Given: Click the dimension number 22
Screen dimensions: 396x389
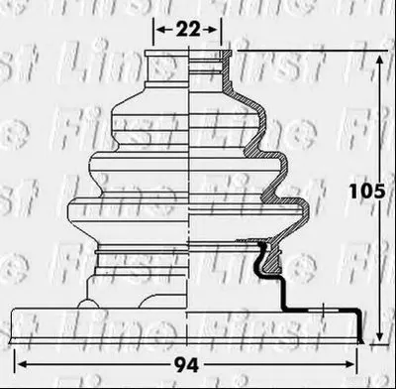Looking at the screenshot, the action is click(x=188, y=30).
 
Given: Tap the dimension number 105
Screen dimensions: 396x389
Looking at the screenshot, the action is click(x=367, y=192).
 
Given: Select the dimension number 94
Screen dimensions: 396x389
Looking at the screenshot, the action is click(x=187, y=365).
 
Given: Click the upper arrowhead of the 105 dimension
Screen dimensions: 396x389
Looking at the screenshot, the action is click(x=380, y=61).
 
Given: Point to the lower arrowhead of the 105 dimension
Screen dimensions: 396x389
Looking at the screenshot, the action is click(x=380, y=336).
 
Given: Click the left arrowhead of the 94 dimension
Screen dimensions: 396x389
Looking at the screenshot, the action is click(x=23, y=364).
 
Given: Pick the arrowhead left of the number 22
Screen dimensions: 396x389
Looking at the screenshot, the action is click(x=160, y=30).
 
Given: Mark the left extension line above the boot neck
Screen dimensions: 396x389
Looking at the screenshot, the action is click(x=153, y=32).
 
